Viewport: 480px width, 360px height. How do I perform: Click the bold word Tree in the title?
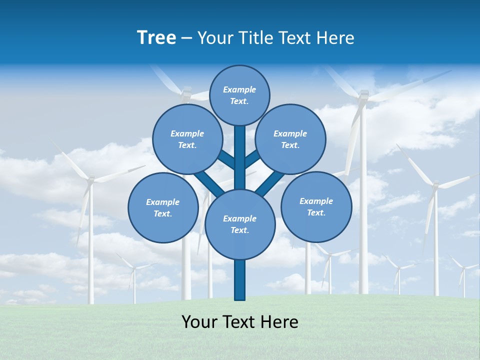tap(156, 37)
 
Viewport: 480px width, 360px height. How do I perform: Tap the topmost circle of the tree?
tap(239, 95)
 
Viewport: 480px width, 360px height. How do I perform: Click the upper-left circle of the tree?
tap(187, 139)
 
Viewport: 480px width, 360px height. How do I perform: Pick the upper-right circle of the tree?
tap(290, 139)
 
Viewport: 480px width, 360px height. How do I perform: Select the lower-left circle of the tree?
tap(163, 207)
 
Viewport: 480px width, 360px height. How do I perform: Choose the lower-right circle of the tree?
tap(316, 206)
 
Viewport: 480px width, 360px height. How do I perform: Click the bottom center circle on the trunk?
tap(240, 224)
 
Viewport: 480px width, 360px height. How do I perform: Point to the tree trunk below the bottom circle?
tap(240, 280)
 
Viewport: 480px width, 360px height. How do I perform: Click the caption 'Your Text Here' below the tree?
tap(240, 322)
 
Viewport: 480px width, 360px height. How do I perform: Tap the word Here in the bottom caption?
tap(283, 322)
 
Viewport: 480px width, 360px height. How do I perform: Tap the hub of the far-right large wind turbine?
tap(435, 185)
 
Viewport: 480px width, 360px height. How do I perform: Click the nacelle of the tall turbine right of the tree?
tap(364, 94)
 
